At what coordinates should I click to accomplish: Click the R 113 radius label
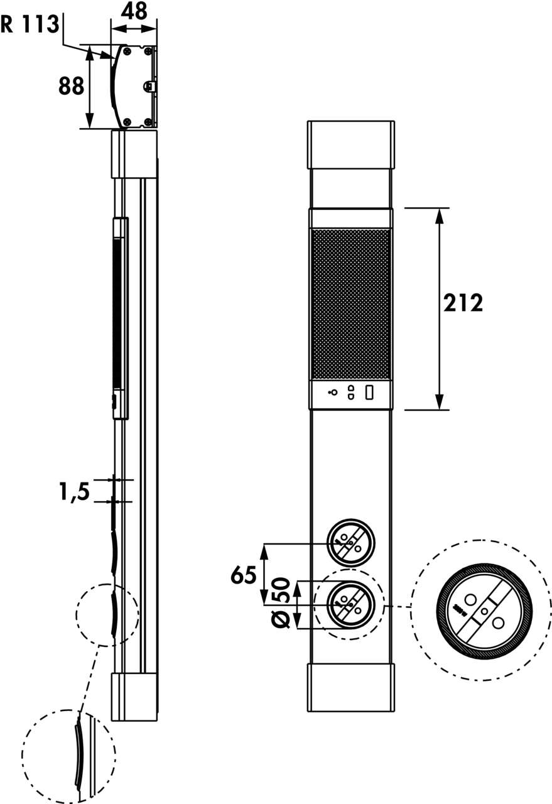pyautogui.click(x=30, y=24)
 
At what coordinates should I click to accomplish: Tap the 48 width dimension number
pyautogui.click(x=133, y=11)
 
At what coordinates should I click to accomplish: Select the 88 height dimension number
pyautogui.click(x=71, y=86)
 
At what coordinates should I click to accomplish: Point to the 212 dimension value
pyautogui.click(x=463, y=303)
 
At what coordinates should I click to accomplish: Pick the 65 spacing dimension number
pyautogui.click(x=244, y=575)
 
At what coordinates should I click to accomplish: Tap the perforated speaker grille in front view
pyautogui.click(x=350, y=304)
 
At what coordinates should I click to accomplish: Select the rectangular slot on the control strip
pyautogui.click(x=370, y=393)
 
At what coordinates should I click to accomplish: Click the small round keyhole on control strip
pyautogui.click(x=333, y=393)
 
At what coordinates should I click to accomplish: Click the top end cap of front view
pyautogui.click(x=350, y=144)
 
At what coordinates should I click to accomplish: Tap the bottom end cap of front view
pyautogui.click(x=350, y=687)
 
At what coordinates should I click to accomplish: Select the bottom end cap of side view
pyautogui.click(x=134, y=697)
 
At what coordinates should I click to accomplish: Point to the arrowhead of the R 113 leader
pyautogui.click(x=112, y=57)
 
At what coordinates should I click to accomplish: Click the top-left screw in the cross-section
pyautogui.click(x=127, y=50)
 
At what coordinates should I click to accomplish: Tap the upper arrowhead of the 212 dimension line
pyautogui.click(x=439, y=214)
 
